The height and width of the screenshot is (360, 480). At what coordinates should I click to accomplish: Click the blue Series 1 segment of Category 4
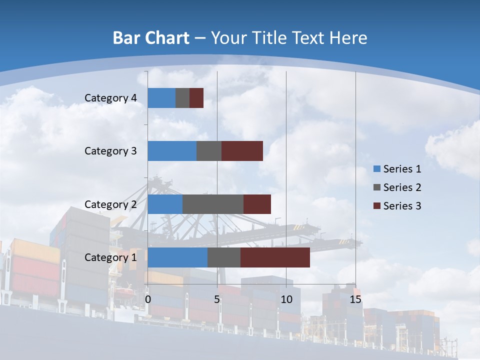161,98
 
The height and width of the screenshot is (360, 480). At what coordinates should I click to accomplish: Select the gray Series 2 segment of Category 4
182,98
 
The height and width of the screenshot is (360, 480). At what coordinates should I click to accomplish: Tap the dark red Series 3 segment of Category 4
196,98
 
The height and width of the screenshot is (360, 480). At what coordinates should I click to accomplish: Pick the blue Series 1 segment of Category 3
172,151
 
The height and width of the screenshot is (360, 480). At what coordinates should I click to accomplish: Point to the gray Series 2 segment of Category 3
209,151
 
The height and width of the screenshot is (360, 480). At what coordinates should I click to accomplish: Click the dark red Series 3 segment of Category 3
242,151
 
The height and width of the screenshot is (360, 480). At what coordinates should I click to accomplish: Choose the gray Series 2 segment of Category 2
213,204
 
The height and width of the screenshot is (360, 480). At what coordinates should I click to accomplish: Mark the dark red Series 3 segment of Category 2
257,204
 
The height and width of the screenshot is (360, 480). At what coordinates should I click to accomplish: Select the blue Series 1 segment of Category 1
177,257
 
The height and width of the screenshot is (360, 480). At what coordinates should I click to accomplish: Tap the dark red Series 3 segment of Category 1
275,257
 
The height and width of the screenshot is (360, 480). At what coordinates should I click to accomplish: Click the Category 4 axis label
110,98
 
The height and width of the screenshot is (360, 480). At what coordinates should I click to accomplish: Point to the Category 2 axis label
110,204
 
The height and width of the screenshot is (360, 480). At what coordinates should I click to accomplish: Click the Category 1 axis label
110,257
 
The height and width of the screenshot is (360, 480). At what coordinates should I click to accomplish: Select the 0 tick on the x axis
148,299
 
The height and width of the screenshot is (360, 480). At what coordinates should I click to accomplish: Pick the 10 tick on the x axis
286,299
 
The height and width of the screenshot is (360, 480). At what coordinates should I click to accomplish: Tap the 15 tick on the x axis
355,299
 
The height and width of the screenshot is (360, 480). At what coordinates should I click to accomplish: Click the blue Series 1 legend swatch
377,169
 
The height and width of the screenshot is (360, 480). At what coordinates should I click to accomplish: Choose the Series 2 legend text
402,187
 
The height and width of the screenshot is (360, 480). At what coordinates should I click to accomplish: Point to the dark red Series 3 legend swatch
377,206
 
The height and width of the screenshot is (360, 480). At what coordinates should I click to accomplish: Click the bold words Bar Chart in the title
151,38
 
